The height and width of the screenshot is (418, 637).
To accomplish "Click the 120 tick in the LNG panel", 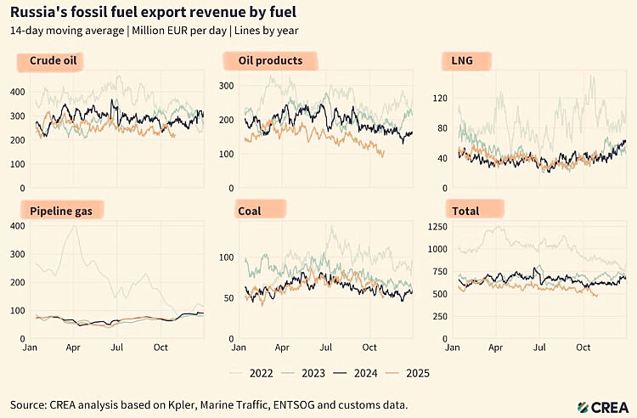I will coord(440,99).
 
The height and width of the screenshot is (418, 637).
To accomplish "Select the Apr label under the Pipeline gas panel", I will coord(73,347).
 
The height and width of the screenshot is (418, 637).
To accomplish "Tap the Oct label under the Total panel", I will coord(583,347).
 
